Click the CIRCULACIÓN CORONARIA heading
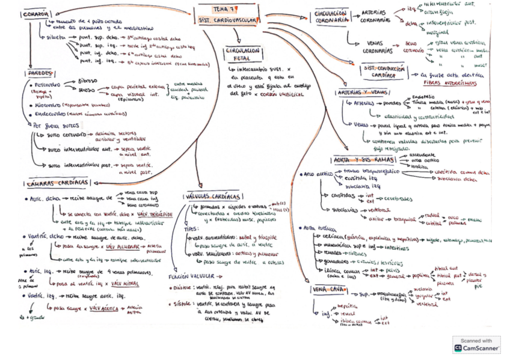click(331, 16)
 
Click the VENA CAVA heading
click(328, 289)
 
